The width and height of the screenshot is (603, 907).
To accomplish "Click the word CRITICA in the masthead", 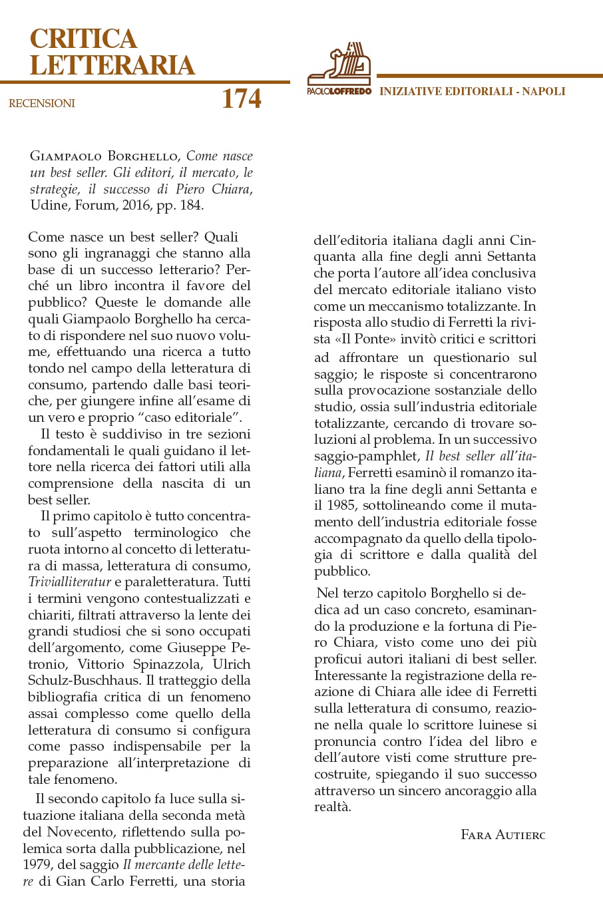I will point(83,39).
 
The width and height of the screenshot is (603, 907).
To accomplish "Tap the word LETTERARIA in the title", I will point(112,65).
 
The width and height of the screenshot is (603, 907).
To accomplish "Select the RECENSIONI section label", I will point(42,103).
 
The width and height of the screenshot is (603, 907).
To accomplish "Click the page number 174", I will point(241,99).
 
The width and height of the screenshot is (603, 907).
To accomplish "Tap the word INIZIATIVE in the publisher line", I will point(410,91).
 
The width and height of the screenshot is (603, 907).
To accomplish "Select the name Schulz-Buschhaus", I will point(84,681).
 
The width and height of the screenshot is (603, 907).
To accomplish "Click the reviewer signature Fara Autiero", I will point(502,834).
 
